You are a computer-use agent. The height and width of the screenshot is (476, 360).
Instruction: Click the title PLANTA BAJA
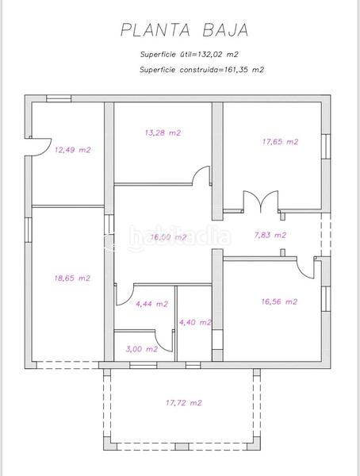(183, 31)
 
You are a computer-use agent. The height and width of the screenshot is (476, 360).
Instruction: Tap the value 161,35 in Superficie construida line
(237, 70)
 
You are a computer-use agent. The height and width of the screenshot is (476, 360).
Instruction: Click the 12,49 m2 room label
(72, 149)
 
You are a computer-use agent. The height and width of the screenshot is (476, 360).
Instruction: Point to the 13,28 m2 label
(162, 132)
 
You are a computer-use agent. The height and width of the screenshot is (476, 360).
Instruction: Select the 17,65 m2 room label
(280, 142)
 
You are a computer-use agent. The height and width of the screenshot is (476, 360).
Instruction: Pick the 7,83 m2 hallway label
(270, 235)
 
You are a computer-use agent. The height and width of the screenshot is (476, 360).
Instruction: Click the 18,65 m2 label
(71, 278)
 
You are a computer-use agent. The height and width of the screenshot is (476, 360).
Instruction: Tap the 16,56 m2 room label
(279, 301)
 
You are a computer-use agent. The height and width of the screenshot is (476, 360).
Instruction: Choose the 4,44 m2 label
(151, 304)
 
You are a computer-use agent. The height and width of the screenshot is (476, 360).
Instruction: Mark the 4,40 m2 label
(195, 322)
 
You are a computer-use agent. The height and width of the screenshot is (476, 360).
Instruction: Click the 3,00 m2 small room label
(142, 348)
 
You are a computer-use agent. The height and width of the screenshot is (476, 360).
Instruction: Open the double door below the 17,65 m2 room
(260, 202)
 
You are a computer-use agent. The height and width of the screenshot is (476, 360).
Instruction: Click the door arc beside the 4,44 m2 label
(124, 296)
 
